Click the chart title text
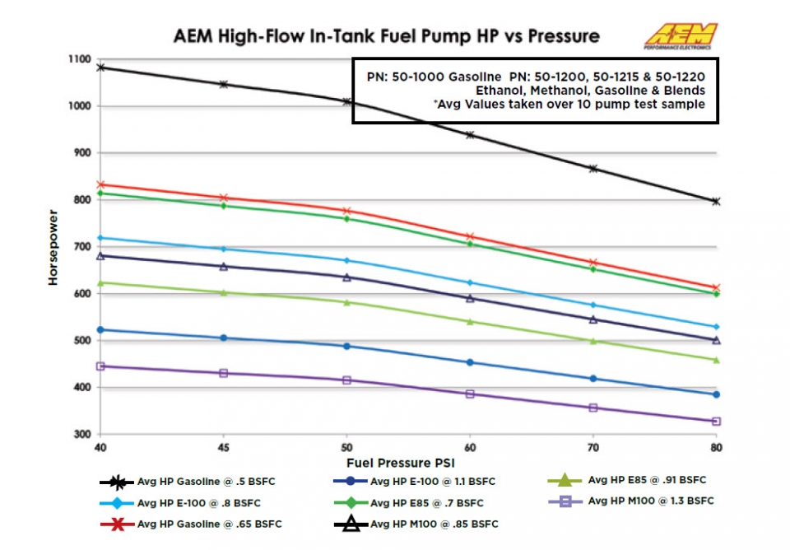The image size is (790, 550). coord(386,37)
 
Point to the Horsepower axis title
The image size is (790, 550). coord(53,247)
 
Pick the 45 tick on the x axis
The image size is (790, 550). coord(223,449)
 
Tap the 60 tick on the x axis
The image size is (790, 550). coord(470,449)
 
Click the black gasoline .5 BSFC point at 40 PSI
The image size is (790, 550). coord(100,68)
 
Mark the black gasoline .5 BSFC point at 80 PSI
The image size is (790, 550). coord(716,201)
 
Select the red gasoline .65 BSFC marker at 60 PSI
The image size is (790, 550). coord(470,237)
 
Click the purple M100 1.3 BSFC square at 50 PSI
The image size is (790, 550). coord(346,380)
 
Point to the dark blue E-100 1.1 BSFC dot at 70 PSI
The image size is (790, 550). coord(592,379)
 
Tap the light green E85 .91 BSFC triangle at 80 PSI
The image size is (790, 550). coord(716,360)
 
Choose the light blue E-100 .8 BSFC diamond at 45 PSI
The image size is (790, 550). coord(223,249)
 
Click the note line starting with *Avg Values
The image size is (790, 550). coord(535,104)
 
